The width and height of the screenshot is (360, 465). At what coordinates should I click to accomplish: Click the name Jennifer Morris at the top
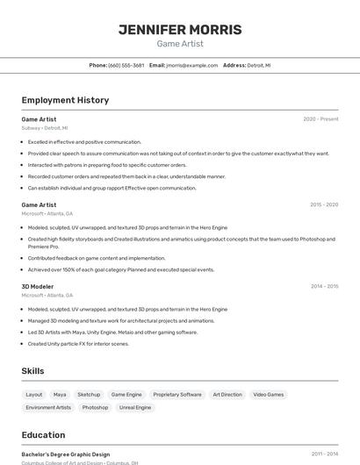coord(180,29)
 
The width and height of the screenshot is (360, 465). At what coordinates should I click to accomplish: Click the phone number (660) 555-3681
coord(126,65)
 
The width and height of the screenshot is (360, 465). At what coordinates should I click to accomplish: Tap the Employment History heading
coord(65,100)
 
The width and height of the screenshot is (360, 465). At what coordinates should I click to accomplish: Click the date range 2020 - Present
coord(320,118)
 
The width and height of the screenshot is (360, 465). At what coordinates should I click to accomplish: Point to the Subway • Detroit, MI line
coord(44,128)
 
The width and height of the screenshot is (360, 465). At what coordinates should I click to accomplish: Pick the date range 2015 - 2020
coord(323,204)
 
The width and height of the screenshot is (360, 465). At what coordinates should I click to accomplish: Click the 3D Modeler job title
coord(38,286)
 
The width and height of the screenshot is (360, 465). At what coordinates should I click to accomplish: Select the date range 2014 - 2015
coord(323,286)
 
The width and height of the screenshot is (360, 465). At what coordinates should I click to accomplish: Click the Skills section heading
coord(32,371)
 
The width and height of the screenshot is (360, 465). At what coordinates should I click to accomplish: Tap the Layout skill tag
coord(34,395)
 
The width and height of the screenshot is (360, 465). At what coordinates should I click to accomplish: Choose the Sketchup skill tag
coord(89,395)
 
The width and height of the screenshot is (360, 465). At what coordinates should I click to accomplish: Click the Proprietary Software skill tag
coord(177,395)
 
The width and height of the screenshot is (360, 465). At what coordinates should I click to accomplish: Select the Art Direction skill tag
coord(227,395)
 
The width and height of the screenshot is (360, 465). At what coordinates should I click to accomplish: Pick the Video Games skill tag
coord(269,395)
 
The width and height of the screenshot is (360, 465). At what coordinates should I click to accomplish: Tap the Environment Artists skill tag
coord(48,407)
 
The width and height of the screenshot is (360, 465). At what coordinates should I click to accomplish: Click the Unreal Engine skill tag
coord(135,407)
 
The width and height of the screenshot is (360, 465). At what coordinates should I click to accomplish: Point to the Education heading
coord(43,435)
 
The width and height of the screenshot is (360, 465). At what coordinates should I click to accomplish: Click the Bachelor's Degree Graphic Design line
coord(66,454)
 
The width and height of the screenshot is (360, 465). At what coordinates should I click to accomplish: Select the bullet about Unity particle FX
coord(78,344)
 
